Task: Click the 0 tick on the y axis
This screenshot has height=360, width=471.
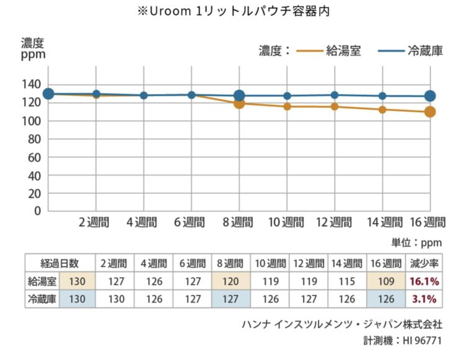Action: [x=37, y=211]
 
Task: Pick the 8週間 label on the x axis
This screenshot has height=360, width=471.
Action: [x=239, y=222]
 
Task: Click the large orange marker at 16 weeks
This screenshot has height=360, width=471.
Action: [x=430, y=112]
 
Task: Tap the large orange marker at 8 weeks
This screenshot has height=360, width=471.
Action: [x=239, y=103]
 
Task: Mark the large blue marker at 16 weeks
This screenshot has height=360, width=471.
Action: [x=430, y=96]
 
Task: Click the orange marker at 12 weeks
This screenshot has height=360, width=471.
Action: [x=335, y=107]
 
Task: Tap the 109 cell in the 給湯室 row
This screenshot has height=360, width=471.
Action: [x=386, y=281]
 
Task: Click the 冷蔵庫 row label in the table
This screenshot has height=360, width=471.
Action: [x=42, y=299]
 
